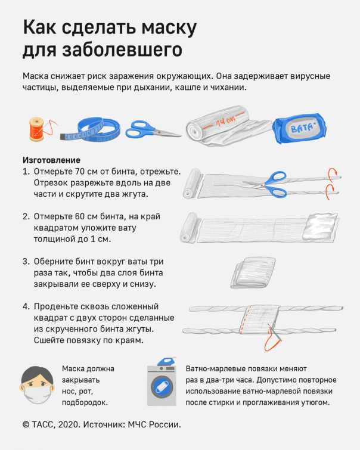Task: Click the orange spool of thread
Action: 36,129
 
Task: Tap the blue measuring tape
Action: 91,130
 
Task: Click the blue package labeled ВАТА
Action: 299,128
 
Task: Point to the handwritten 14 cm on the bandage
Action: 225,121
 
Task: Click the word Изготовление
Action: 51,160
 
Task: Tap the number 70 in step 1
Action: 79,171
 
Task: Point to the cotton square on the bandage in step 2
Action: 320,226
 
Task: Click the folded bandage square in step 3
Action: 253,272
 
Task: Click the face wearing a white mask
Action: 37,384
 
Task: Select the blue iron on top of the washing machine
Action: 166,361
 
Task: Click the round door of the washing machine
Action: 162,386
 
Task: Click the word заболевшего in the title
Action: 122,50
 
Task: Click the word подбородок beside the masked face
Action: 85,403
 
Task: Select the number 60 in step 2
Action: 79,216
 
